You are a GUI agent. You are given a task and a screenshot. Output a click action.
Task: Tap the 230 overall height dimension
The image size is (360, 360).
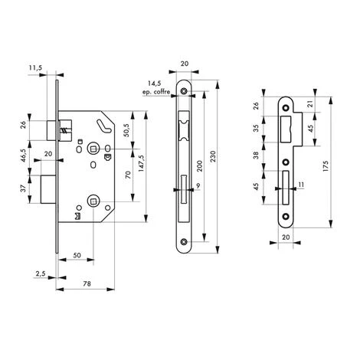point(213,156)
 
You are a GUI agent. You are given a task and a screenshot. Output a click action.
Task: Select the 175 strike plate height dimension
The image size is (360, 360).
point(326,165)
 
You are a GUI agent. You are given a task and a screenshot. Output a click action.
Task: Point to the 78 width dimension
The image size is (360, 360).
point(87,283)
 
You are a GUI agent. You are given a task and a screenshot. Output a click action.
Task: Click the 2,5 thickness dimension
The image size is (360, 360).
point(41,273)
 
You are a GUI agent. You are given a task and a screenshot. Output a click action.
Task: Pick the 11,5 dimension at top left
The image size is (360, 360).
point(35,67)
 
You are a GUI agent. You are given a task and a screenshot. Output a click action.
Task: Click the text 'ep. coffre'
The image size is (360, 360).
point(156,92)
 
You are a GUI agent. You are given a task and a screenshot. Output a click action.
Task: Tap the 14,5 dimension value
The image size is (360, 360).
point(155,83)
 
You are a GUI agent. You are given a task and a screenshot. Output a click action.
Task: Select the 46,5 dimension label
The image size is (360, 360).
point(24,155)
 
